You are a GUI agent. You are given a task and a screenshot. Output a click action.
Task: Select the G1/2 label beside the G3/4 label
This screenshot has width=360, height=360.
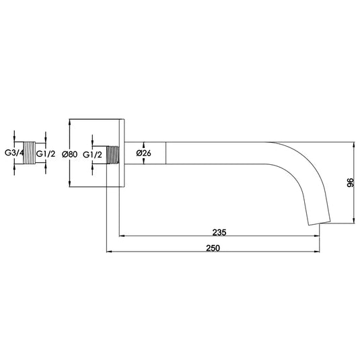[x=46, y=153]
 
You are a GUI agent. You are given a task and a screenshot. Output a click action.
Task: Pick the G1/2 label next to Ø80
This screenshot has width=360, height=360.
[x=94, y=154]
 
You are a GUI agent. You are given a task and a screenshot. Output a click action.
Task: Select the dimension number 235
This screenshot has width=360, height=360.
[x=219, y=232]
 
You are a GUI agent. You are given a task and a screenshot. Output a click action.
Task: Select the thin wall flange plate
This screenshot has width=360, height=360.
[x=122, y=153]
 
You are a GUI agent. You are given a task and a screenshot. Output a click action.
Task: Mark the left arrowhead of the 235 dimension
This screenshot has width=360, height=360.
[x=122, y=236]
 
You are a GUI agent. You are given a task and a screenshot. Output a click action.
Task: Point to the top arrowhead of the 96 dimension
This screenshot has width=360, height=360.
[x=355, y=145]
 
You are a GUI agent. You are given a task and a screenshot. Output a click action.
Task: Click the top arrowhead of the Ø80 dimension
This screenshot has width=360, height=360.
[x=70, y=122]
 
